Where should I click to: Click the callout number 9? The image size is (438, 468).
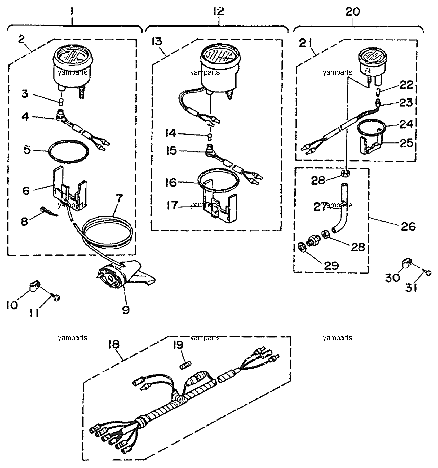[x=126, y=309]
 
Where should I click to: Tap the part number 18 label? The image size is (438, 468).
[x=114, y=344]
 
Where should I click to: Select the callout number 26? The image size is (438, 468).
[x=408, y=226]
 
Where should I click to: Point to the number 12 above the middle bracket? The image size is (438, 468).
[x=219, y=11]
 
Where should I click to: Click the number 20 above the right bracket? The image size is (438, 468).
[x=353, y=12]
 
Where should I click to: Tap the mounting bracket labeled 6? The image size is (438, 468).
[x=69, y=189]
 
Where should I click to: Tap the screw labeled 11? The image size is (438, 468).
[x=56, y=298]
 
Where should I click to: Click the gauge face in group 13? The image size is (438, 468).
[x=218, y=57]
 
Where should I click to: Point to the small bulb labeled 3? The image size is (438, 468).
[x=61, y=101]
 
